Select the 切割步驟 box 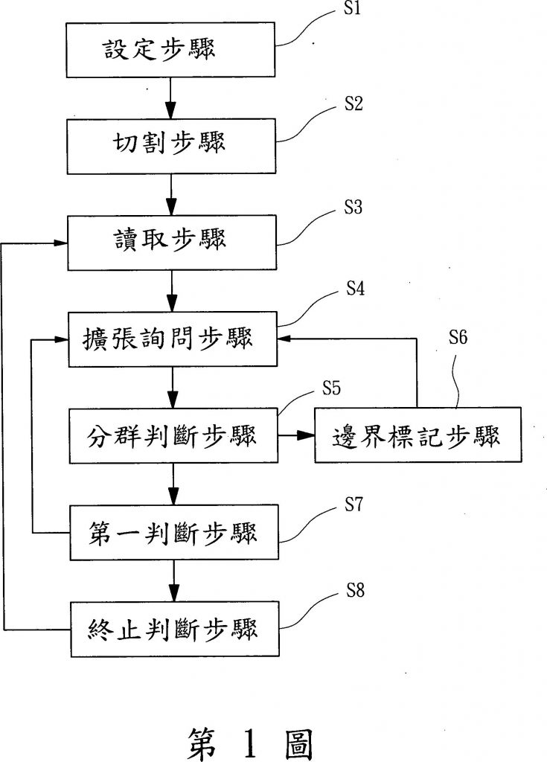pos(173,144)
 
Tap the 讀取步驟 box pos(173,242)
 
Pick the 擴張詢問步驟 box pos(173,339)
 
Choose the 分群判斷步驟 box pos(173,436)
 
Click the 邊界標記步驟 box pos(417,436)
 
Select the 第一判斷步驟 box pos(173,533)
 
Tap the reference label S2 pos(354,105)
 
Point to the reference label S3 pos(354,208)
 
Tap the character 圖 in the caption pos(299,742)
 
